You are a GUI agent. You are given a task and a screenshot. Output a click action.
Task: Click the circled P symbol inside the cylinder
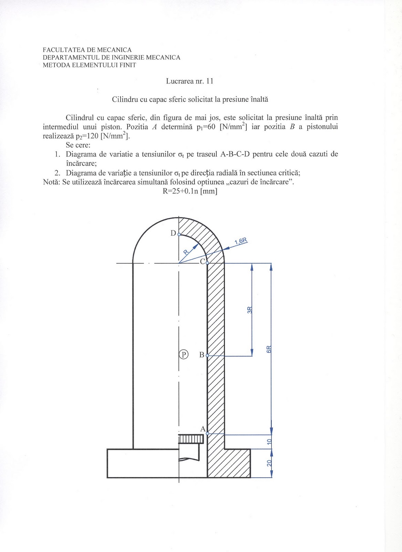pyautogui.click(x=183, y=354)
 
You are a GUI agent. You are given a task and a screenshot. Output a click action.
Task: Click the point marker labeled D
pyautogui.click(x=179, y=235)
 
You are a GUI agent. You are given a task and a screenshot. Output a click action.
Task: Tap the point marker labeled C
pyautogui.click(x=207, y=263)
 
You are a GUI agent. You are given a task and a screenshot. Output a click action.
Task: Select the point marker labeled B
pyautogui.click(x=207, y=355)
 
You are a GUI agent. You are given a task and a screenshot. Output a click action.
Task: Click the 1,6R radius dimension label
pyautogui.click(x=241, y=241)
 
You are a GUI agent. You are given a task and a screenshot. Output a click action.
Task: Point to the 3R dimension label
pyautogui.click(x=249, y=310)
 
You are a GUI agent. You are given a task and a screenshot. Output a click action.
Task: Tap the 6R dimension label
pyautogui.click(x=269, y=349)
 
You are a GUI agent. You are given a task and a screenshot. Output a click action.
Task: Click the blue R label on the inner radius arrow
pyautogui.click(x=186, y=252)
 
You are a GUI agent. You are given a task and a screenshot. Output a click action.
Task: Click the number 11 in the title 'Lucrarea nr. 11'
pyautogui.click(x=209, y=81)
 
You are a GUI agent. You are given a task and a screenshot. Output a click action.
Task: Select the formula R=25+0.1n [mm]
pyautogui.click(x=190, y=191)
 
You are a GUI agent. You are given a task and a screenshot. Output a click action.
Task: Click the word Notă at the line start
pyautogui.click(x=51, y=182)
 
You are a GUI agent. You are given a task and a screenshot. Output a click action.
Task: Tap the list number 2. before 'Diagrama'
pyautogui.click(x=58, y=173)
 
